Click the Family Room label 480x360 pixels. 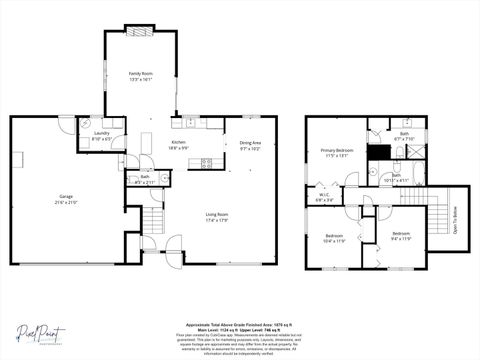(140, 73)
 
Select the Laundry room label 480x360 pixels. (101, 133)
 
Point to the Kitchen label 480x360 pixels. (178, 142)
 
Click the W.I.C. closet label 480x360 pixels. (324, 195)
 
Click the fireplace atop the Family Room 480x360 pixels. (140, 29)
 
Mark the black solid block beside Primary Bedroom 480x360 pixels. (377, 152)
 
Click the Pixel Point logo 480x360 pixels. (40, 331)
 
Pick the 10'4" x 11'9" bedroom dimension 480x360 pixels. (333, 241)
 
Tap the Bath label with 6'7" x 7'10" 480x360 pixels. (404, 133)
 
